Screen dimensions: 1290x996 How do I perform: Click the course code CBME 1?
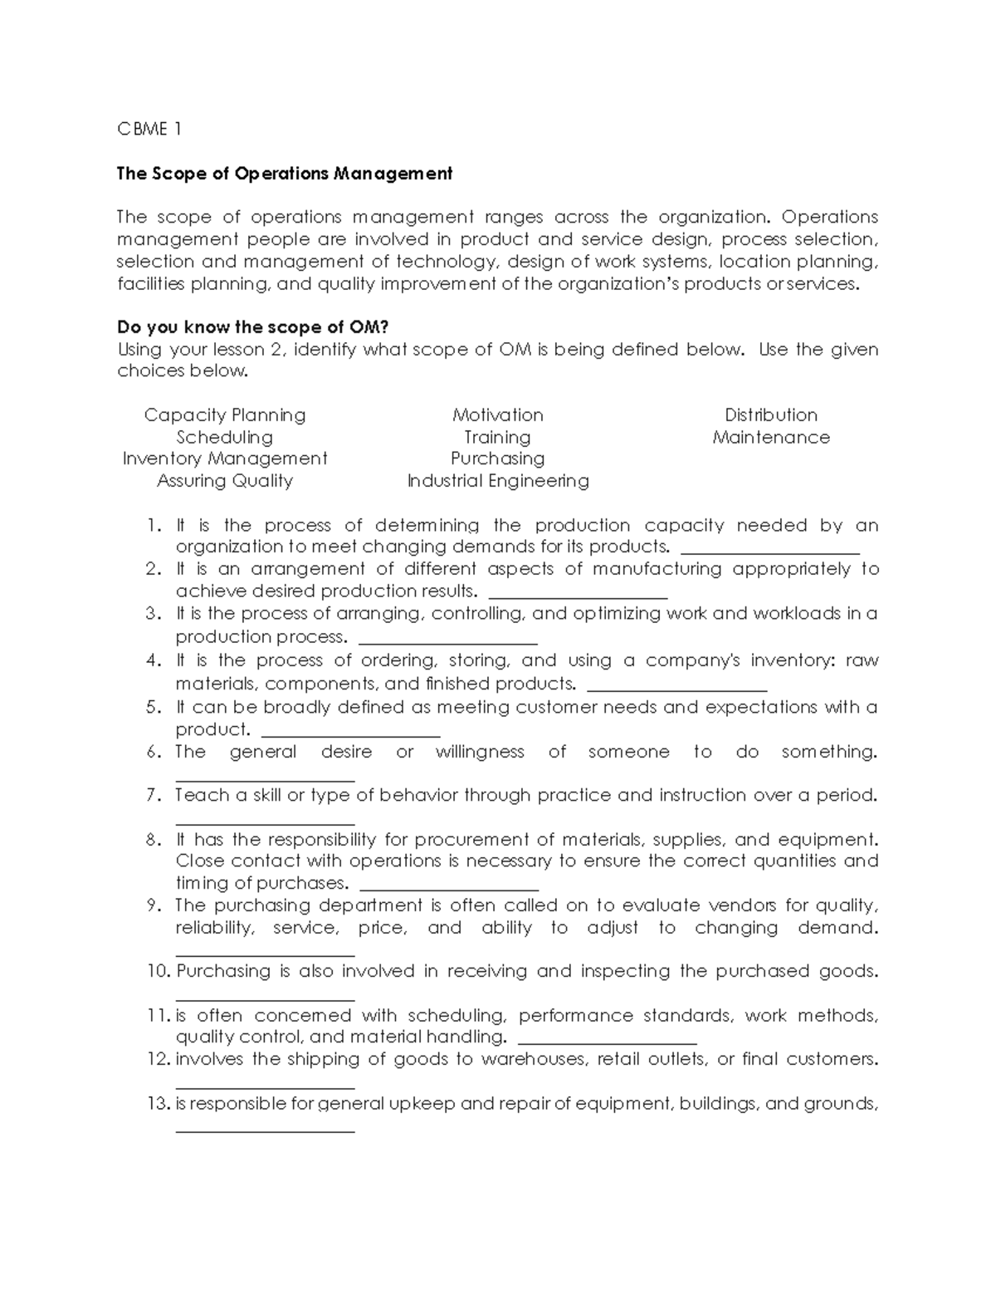tap(149, 129)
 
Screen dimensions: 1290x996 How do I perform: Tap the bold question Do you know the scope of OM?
tap(253, 326)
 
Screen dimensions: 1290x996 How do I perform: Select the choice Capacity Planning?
tap(225, 414)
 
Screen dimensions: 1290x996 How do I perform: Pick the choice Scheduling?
tap(225, 437)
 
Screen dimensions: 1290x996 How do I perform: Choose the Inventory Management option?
tap(225, 459)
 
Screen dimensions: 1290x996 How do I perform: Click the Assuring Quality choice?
tap(225, 481)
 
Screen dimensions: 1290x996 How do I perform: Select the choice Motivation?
tap(498, 414)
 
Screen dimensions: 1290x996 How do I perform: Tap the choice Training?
tap(498, 437)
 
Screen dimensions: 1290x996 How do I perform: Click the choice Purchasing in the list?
tap(498, 459)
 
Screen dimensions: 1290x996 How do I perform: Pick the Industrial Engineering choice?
tap(498, 481)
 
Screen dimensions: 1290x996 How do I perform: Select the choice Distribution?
tap(771, 414)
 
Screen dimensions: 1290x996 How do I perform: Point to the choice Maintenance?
tap(771, 437)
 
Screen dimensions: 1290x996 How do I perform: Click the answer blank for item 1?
tap(769, 551)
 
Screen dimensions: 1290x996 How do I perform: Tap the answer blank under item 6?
tap(266, 779)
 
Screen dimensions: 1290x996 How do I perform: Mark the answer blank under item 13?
tap(266, 1129)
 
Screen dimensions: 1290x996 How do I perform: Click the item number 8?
tap(153, 839)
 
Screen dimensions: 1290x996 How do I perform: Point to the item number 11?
tap(157, 1015)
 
